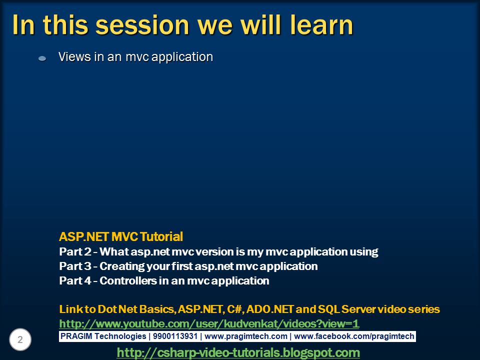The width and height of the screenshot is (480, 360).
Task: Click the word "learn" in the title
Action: pyautogui.click(x=317, y=25)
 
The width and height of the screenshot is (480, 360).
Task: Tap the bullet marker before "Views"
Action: pyautogui.click(x=42, y=58)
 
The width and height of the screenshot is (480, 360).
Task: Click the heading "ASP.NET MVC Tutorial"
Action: pyautogui.click(x=121, y=236)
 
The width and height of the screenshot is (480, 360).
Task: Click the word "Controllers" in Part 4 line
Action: pyautogui.click(x=128, y=281)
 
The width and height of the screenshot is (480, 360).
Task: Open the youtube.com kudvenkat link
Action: pyautogui.click(x=209, y=323)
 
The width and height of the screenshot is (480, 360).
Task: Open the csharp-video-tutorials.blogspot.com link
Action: pyautogui.click(x=238, y=352)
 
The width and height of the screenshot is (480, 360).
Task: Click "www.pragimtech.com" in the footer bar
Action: pyautogui.click(x=246, y=336)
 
